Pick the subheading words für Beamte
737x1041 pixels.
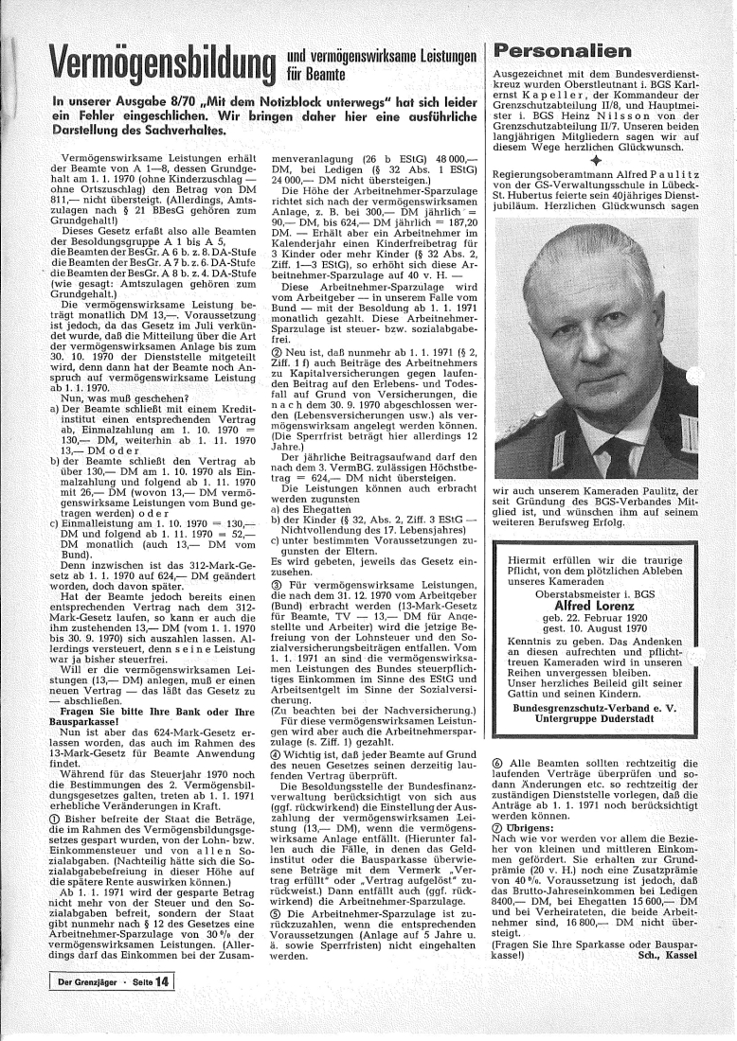[x=313, y=70]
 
